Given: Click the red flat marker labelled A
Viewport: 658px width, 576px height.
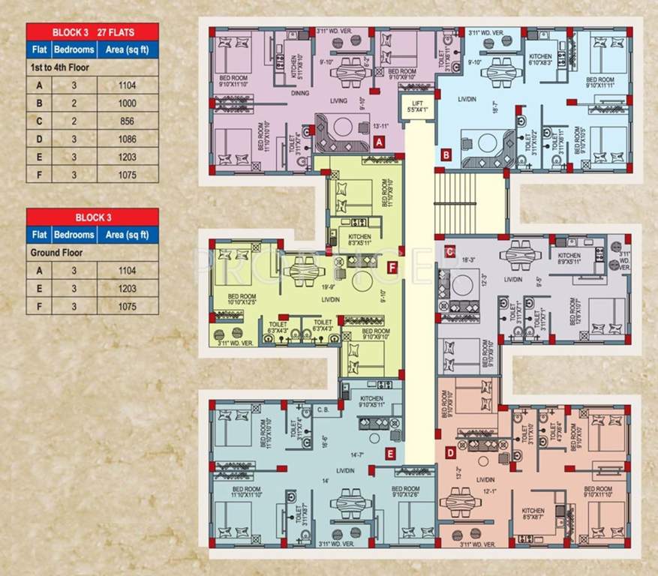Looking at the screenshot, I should (x=380, y=141).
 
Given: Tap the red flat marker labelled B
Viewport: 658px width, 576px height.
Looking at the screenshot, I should (x=446, y=155).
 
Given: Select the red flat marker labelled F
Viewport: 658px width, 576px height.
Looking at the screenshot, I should (x=392, y=266).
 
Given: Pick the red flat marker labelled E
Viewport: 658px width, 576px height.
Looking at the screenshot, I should (x=390, y=453).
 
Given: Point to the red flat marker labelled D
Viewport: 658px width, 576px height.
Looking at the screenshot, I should (x=449, y=452).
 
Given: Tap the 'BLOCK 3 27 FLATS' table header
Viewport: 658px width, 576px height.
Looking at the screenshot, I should (x=92, y=32).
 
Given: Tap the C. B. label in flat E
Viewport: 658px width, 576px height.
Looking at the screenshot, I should (x=323, y=410).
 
